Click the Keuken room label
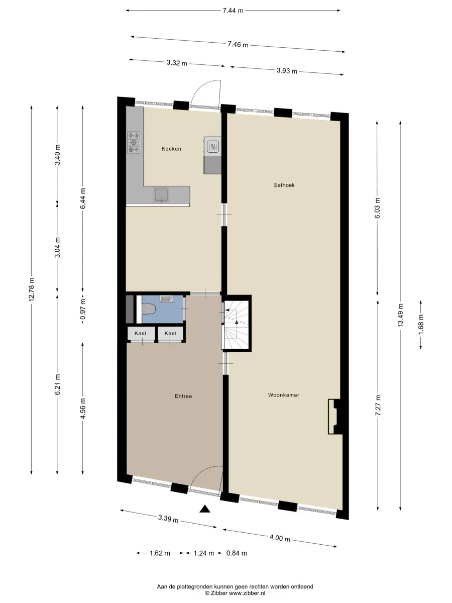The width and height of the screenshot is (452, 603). click(x=171, y=149)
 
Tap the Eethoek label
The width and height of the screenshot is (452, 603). click(x=284, y=185)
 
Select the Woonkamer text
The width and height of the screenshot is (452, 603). click(x=283, y=395)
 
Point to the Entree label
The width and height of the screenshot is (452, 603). click(x=183, y=396)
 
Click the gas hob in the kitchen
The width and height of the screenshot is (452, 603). click(x=134, y=142)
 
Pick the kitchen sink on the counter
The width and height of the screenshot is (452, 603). click(x=162, y=195)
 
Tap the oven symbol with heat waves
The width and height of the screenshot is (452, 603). click(x=212, y=146)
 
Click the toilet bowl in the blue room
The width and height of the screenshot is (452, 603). click(x=149, y=309)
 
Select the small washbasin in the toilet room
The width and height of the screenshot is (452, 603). click(x=166, y=299)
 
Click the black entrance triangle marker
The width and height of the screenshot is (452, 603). click(x=205, y=509)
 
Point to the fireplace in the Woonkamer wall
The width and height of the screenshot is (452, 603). click(x=335, y=417)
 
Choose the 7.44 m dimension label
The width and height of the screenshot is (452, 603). click(x=233, y=11)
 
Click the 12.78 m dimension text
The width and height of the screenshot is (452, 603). click(x=32, y=289)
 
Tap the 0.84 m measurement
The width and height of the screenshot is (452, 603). click(x=237, y=553)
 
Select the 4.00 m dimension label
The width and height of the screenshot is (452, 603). click(x=280, y=538)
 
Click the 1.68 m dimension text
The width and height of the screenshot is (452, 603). click(x=421, y=324)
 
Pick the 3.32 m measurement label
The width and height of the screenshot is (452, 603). click(x=177, y=63)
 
